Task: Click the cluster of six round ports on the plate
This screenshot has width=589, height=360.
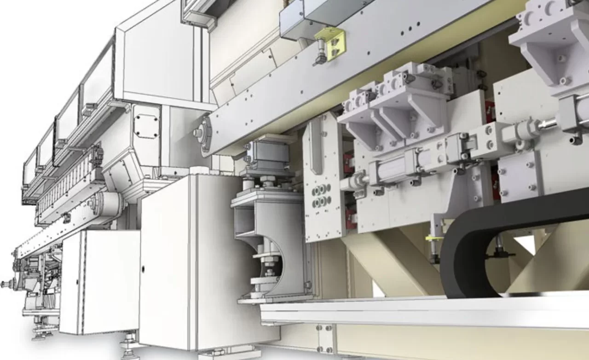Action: point(321,195)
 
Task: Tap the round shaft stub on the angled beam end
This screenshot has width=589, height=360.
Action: point(198,133)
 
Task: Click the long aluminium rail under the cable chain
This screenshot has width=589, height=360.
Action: point(414,313)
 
